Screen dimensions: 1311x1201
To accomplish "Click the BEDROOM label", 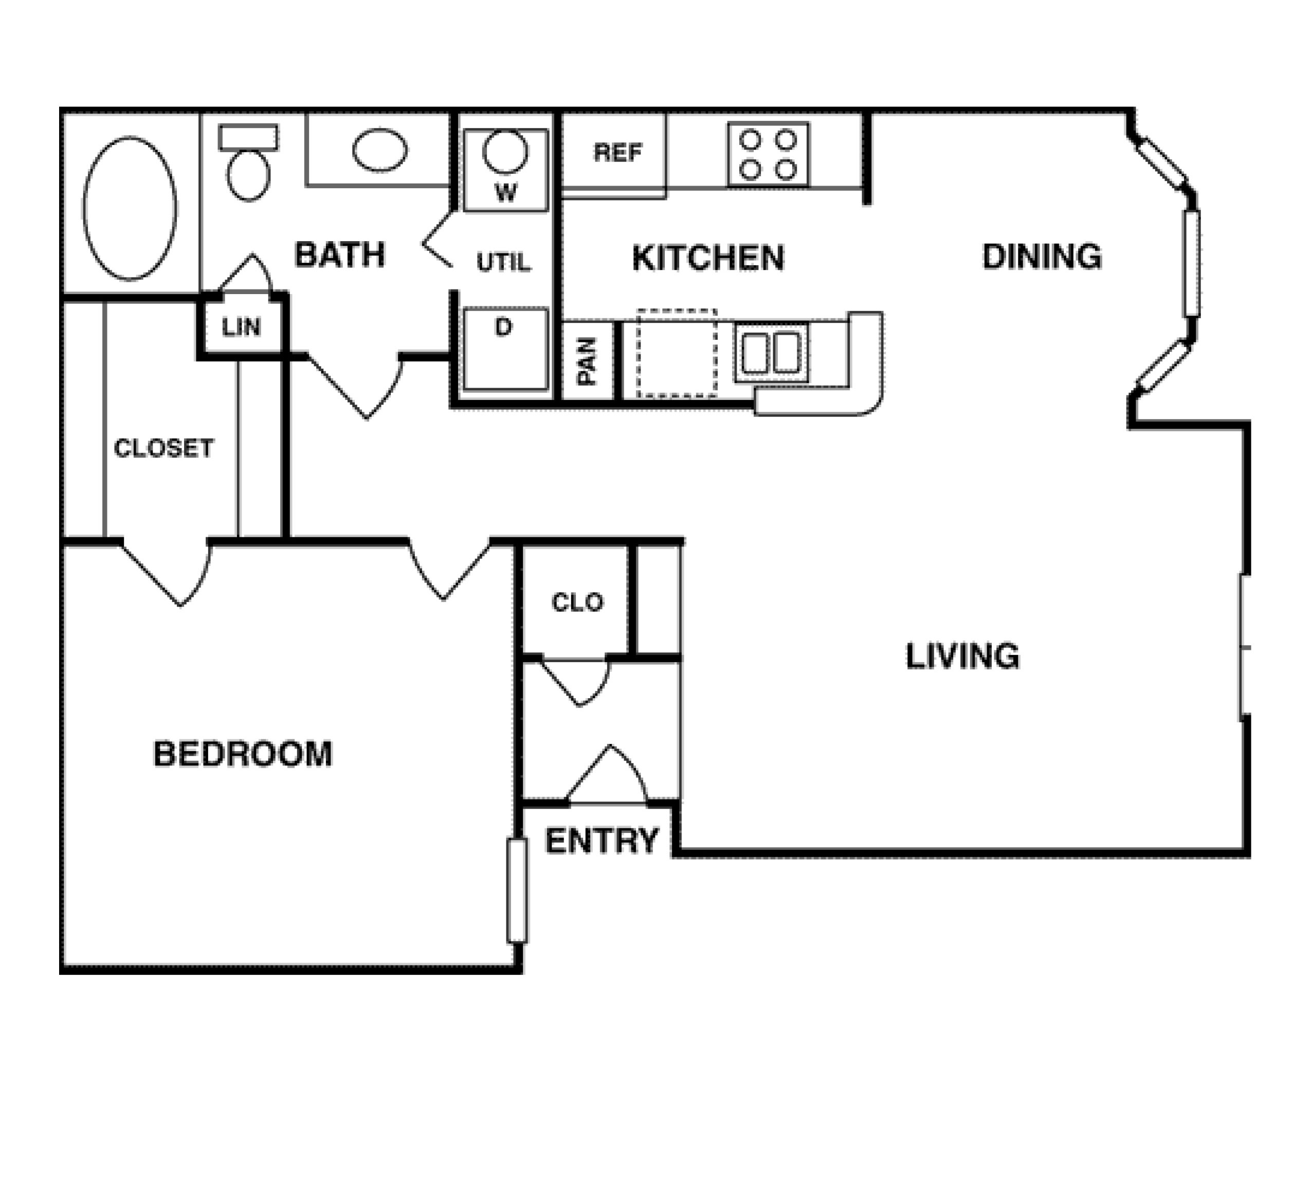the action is (x=243, y=754).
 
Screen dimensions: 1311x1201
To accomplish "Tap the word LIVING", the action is (x=962, y=656).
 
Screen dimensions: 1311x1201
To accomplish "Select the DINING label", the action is (x=1042, y=257).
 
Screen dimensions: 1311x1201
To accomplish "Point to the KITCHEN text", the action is (x=708, y=258).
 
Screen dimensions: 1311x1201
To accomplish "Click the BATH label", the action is (x=339, y=254).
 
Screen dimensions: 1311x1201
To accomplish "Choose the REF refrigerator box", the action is (x=614, y=154).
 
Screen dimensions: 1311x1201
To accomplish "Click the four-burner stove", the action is (x=768, y=155).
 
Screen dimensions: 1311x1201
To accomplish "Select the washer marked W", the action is (x=505, y=170).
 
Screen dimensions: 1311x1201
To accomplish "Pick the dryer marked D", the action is (x=505, y=349).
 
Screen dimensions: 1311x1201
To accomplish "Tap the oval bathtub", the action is (x=130, y=209).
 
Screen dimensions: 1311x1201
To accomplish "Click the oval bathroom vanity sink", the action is (x=380, y=150).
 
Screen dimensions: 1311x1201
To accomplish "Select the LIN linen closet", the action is (x=241, y=327).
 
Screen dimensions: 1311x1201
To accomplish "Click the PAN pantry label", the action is (x=587, y=361).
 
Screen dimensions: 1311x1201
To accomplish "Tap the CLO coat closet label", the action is (x=577, y=603).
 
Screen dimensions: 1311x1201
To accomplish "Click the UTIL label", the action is (x=503, y=263).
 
